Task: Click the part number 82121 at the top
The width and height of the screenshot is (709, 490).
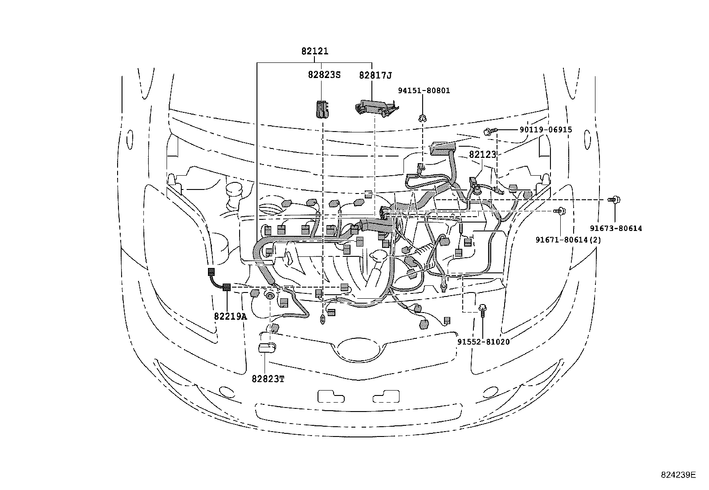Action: pos(314,51)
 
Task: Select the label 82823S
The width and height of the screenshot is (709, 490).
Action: pos(324,75)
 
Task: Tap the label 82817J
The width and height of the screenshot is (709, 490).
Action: pos(375,75)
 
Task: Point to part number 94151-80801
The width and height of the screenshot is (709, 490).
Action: pos(424,91)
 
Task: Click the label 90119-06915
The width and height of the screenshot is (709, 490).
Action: pos(546,130)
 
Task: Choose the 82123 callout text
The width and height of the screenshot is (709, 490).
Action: pos(482,155)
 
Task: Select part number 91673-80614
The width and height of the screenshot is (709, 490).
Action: pos(616,228)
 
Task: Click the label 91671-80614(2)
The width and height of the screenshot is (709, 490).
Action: pos(568,240)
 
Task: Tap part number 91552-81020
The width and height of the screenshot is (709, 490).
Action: pos(483,342)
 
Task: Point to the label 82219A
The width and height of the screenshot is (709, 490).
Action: pos(230,316)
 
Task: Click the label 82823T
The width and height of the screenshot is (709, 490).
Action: pos(268,379)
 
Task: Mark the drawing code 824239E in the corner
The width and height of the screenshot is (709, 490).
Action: pos(677,475)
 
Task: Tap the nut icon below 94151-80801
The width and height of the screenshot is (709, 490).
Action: pos(421,118)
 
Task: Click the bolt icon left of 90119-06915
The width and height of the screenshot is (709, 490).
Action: pos(488,131)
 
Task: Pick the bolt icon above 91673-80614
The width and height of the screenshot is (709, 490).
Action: pos(615,200)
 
